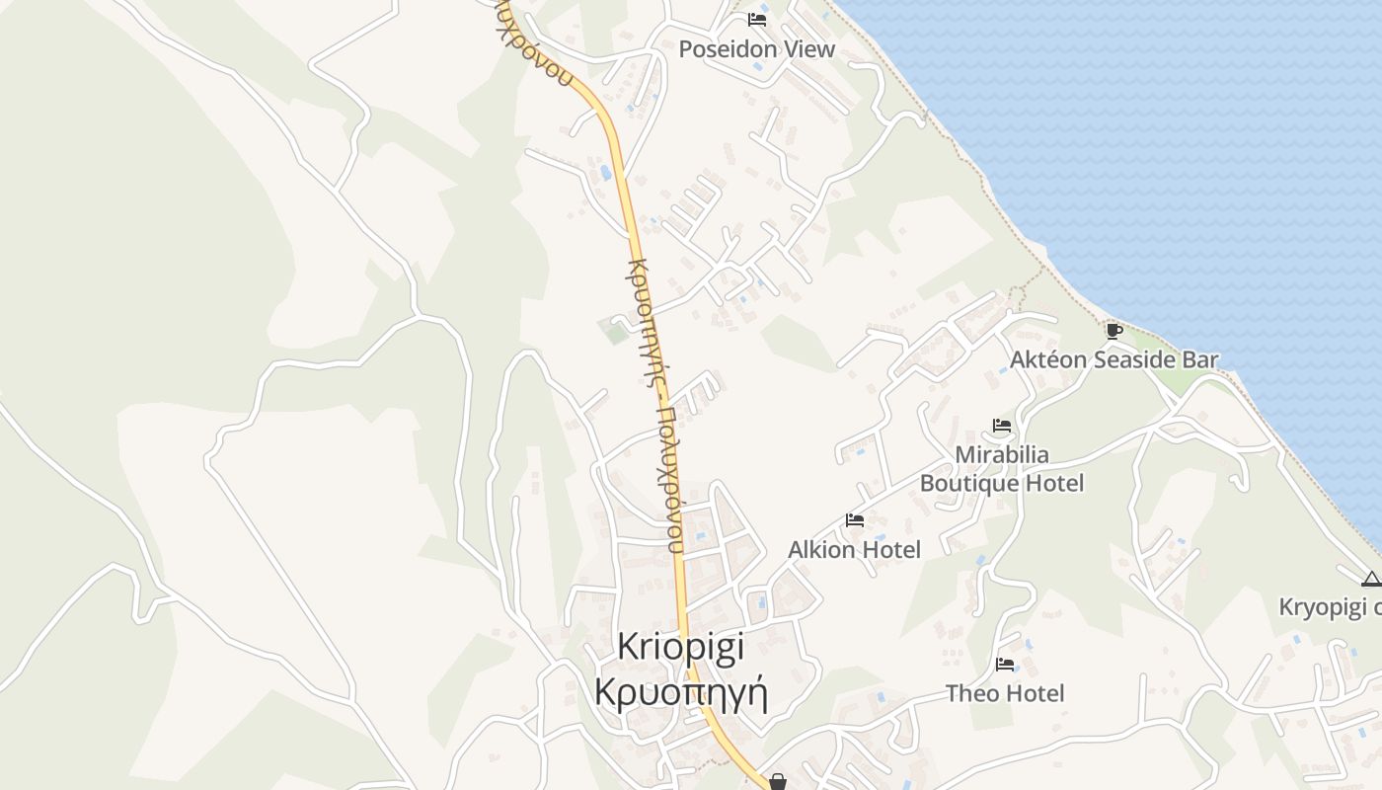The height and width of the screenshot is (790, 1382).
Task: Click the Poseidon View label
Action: (756, 48)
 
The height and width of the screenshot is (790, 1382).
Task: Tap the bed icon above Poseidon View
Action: (757, 20)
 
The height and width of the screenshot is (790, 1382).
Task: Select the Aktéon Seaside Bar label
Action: (1113, 359)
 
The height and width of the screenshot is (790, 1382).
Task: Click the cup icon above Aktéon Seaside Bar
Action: (1113, 331)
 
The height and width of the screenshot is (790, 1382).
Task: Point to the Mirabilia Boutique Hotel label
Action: (1001, 468)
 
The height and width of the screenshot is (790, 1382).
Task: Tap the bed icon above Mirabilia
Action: (1002, 427)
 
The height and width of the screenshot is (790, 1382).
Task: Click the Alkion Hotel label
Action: (854, 549)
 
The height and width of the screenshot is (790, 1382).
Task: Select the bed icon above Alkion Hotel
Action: (855, 520)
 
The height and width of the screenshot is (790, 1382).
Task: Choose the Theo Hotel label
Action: (1005, 693)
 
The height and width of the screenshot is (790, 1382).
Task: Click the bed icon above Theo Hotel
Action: (1005, 665)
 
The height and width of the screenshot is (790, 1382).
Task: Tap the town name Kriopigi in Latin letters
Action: (680, 646)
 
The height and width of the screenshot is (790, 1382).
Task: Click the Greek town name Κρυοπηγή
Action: (680, 691)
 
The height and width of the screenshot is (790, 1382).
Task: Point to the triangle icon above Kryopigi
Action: (1370, 579)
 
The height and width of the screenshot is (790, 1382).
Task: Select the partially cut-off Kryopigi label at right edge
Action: (1330, 606)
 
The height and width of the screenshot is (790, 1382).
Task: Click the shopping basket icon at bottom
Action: (778, 782)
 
